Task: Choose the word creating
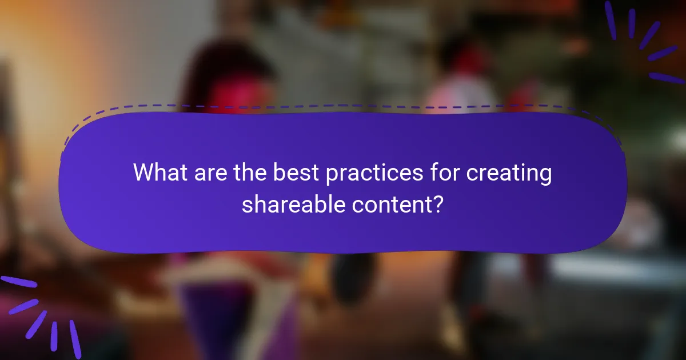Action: point(509,173)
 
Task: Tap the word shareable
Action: point(290,203)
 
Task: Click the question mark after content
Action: point(438,203)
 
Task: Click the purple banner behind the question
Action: point(343,234)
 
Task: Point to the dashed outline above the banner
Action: point(343,106)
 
